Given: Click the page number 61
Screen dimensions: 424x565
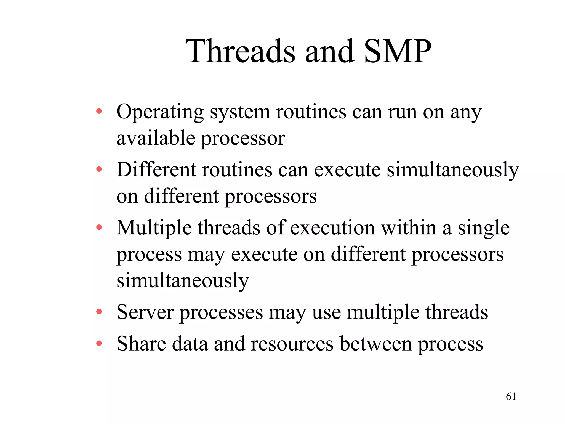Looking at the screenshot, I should pos(511,396).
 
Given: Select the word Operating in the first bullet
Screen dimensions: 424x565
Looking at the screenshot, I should pos(160,113).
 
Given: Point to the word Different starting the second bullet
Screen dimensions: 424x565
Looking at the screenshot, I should pos(156,169).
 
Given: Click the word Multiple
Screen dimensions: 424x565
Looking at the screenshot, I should pos(154,228).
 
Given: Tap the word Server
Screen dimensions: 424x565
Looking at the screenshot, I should pos(145,312).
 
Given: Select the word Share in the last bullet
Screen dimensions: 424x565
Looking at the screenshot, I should pos(141,344).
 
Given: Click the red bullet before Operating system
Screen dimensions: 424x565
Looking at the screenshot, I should pos(99,112).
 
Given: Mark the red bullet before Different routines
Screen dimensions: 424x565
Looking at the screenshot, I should pos(99,169).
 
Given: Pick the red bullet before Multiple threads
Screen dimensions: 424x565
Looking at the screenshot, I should pos(99,228).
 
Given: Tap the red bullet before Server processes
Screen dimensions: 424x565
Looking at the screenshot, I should pos(99,312).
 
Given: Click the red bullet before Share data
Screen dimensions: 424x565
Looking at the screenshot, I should pos(99,344).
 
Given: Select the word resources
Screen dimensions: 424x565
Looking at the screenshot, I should pos(292,344).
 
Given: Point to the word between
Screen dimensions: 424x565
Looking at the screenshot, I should pos(376,344).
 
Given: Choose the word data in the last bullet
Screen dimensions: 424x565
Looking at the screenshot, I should pos(190,344).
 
